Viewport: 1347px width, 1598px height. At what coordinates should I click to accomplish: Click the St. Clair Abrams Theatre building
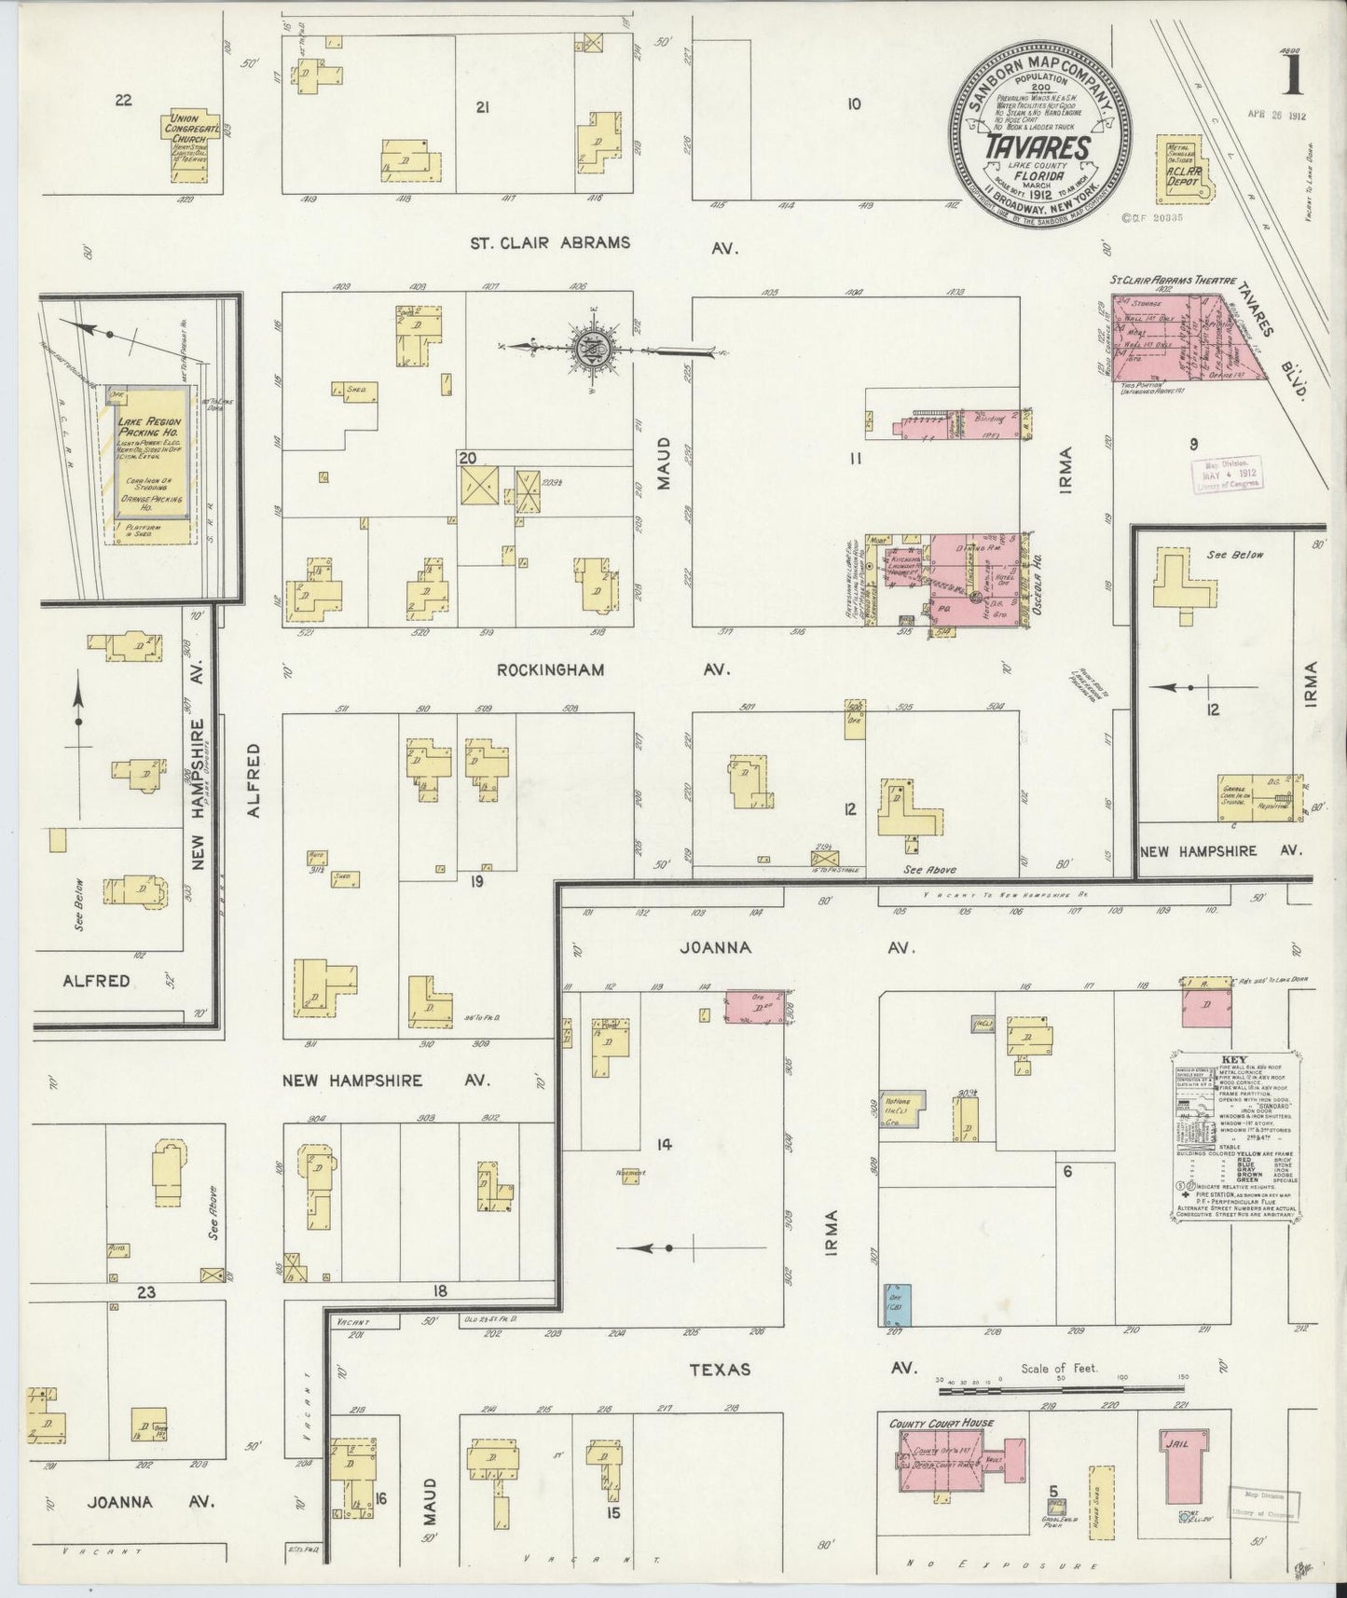click(x=1184, y=338)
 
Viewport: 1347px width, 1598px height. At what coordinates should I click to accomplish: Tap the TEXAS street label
click(x=721, y=1369)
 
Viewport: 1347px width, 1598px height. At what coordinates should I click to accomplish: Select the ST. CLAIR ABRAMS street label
click(x=549, y=243)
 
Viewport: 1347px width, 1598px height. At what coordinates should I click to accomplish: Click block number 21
click(x=482, y=107)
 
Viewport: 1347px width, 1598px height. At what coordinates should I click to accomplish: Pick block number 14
click(x=663, y=1144)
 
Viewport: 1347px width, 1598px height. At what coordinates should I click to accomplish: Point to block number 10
click(x=853, y=103)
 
